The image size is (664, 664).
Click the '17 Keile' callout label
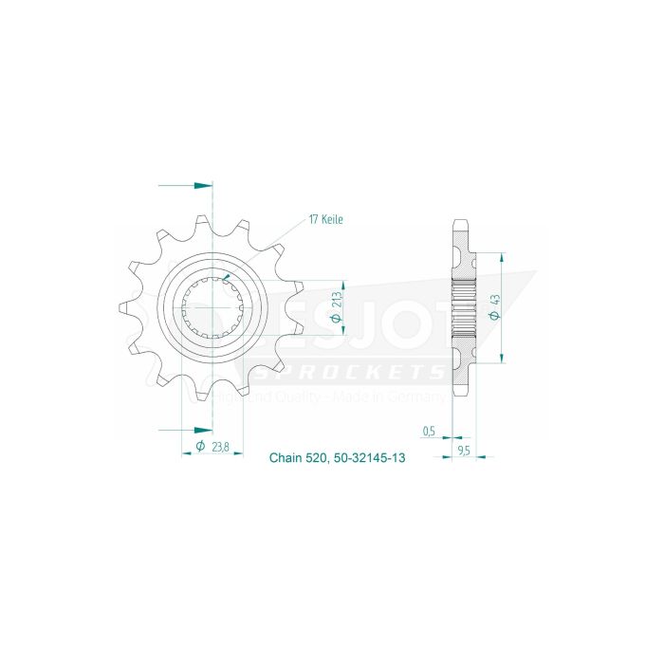point(324,219)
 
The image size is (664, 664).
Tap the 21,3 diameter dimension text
point(337,305)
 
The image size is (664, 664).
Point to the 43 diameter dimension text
point(494,306)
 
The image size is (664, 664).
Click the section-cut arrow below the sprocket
point(201,428)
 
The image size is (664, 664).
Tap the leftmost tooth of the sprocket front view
point(123,307)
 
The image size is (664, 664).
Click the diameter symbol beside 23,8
point(200,446)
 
